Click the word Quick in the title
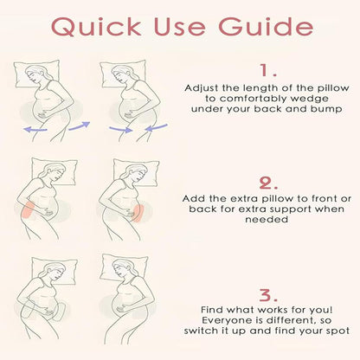pos(96,27)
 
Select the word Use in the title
pos(181,27)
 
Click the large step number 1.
pos(268,70)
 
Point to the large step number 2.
pos(268,183)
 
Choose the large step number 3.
pos(268,295)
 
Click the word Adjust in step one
pos(202,88)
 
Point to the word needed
pos(267,219)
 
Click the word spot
pos(338,331)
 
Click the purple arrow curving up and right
pos(80,126)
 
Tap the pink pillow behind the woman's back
pos(29,209)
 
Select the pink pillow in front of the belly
pos(138,213)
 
